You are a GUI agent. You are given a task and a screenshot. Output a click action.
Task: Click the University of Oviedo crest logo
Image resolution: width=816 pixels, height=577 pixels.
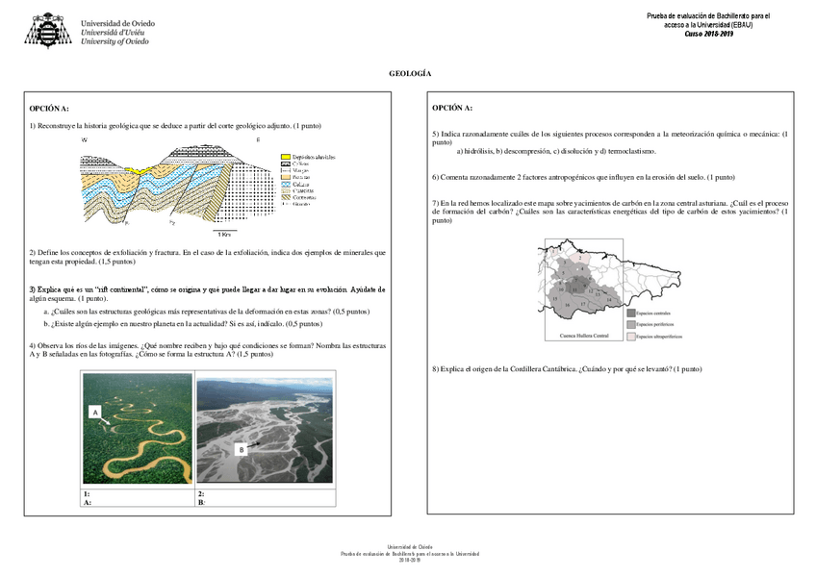pos(47,30)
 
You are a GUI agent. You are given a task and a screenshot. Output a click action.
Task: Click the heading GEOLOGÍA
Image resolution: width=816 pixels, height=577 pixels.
pos(409,74)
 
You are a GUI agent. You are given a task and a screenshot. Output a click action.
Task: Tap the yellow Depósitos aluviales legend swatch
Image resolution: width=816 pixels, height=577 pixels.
pos(285,157)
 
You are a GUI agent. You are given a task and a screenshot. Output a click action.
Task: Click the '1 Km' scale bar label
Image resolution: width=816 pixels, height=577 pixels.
pos(224,233)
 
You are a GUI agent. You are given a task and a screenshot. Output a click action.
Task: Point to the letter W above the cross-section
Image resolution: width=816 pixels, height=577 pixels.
pos(85,140)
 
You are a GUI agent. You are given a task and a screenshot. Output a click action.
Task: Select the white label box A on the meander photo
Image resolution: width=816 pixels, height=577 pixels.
pos(95,412)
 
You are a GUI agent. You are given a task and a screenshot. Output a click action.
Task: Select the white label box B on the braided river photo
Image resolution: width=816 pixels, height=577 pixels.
pos(242,449)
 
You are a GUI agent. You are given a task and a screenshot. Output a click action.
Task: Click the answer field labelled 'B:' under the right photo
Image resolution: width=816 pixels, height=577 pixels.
pos(266,502)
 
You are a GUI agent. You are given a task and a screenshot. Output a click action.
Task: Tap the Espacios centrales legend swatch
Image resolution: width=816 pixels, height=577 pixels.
pos(630,313)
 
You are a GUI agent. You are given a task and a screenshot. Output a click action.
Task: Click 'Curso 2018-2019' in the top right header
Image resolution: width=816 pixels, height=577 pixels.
pos(708,33)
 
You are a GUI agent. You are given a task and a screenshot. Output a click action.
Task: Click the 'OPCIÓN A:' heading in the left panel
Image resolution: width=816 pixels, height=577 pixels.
pos(49,109)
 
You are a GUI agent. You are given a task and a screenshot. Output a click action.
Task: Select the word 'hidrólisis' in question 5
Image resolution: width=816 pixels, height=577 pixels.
pos(480,151)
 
